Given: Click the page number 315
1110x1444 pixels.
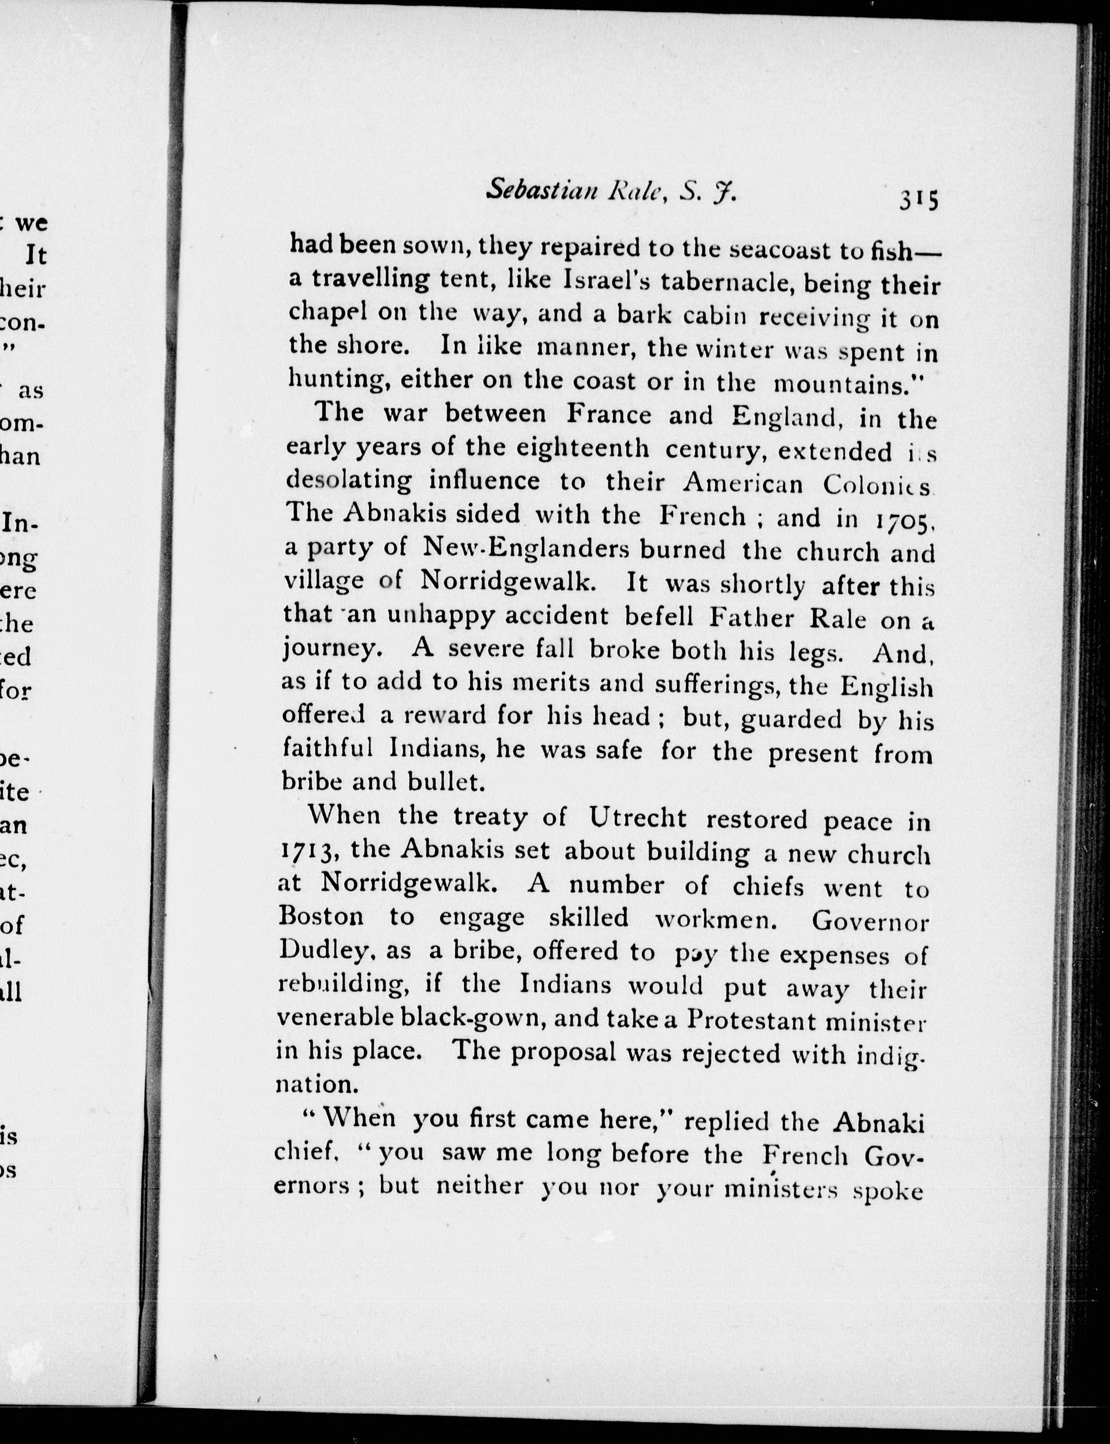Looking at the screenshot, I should tap(918, 199).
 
